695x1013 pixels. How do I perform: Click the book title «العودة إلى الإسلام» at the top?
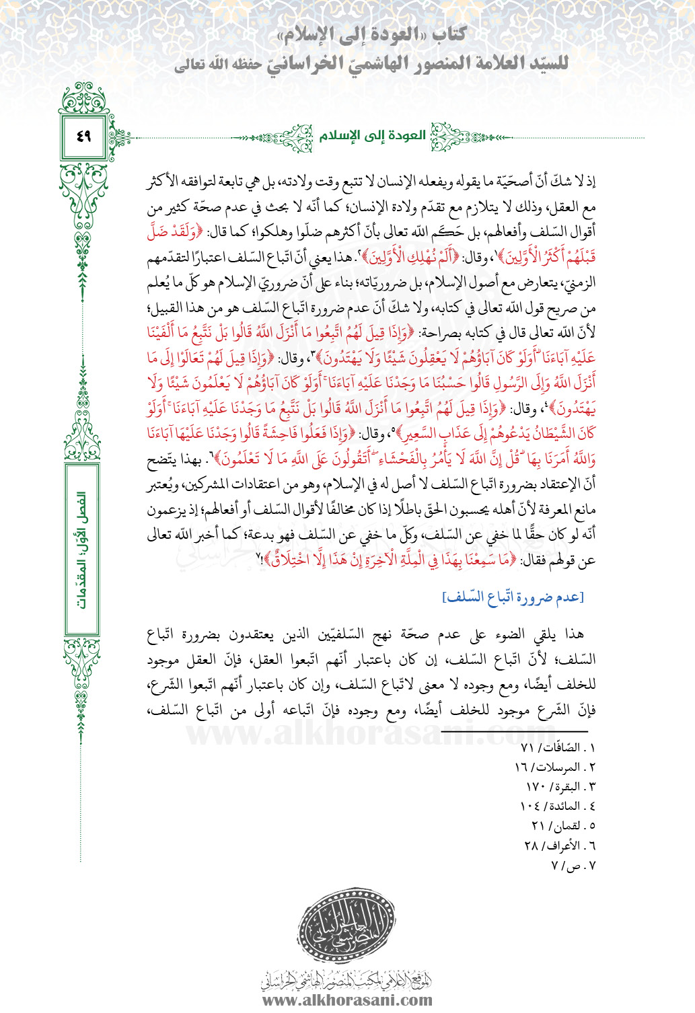(374, 35)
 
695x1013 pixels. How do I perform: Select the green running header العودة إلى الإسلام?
(373, 136)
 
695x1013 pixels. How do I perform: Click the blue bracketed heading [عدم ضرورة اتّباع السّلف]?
(513, 597)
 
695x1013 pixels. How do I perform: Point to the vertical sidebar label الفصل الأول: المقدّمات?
(82, 549)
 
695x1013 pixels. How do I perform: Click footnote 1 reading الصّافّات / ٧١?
(558, 748)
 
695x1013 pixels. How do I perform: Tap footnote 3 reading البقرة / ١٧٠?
(560, 787)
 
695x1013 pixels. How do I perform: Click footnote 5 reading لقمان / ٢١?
(563, 826)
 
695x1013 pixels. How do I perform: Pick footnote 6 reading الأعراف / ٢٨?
(560, 846)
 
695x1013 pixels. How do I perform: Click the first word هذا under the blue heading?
(574, 634)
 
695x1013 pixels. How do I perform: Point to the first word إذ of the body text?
(590, 182)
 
